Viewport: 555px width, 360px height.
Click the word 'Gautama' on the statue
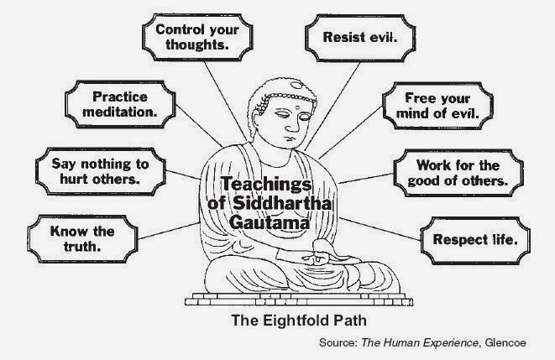click(x=270, y=222)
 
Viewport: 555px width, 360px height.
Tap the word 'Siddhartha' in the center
click(x=282, y=203)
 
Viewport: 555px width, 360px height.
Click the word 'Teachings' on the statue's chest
click(x=266, y=185)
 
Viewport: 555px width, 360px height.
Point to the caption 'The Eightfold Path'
click(x=299, y=321)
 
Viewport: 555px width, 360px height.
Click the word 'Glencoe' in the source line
click(x=505, y=342)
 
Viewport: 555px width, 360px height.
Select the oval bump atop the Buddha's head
click(x=296, y=86)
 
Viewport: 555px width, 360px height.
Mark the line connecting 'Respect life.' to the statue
click(x=380, y=229)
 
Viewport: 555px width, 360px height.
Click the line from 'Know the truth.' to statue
click(x=169, y=231)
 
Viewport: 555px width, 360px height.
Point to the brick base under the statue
click(x=299, y=300)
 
